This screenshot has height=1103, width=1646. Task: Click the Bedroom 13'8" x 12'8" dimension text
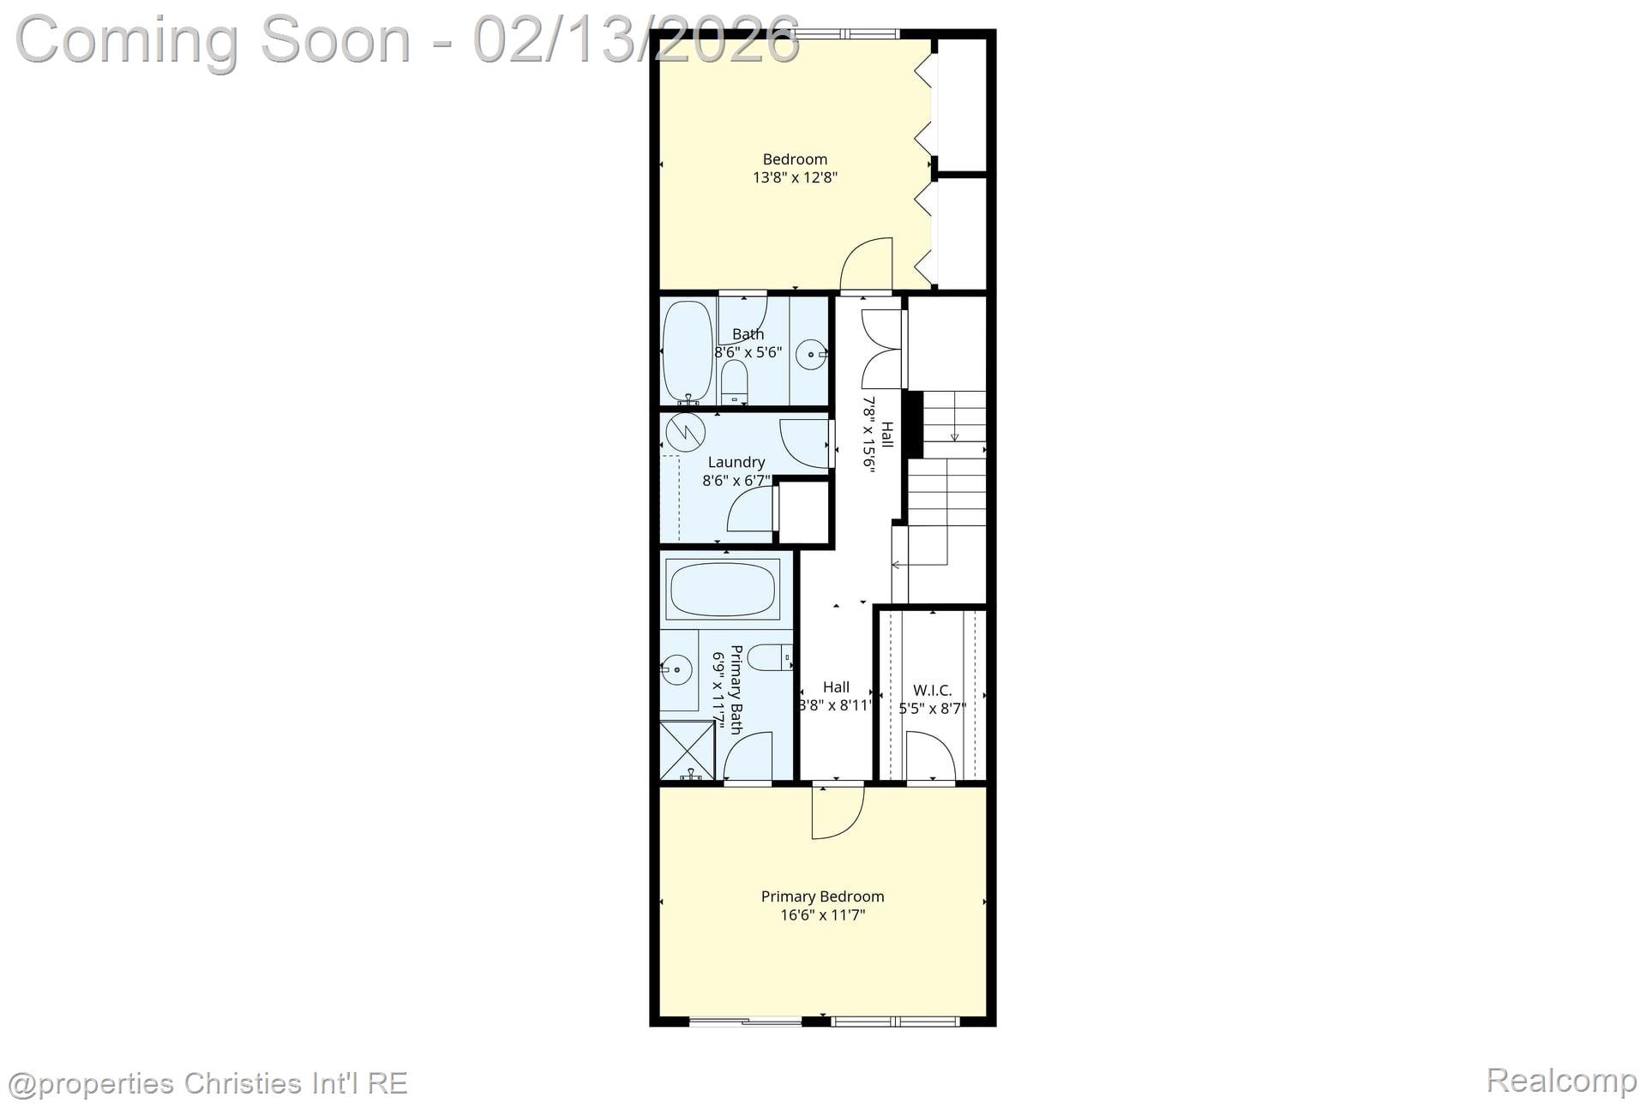[795, 178]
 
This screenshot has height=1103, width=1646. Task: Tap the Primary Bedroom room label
[822, 896]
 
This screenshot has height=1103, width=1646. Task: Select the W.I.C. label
[932, 690]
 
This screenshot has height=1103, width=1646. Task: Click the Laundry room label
[736, 462]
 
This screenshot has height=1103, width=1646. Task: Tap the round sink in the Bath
[810, 353]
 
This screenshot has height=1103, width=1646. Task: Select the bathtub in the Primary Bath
[722, 588]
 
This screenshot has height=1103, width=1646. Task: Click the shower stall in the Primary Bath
[687, 750]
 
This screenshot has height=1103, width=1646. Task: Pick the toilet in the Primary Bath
[769, 657]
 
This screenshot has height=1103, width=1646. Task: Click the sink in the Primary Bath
[677, 669]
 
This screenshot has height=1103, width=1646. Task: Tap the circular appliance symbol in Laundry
[685, 433]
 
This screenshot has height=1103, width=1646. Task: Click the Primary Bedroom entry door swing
[837, 812]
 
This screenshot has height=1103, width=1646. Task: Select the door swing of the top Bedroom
[867, 265]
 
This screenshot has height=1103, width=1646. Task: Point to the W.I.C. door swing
[930, 756]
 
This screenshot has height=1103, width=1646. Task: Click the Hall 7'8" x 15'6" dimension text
[868, 434]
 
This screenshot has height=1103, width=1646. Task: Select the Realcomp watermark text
[1562, 1080]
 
